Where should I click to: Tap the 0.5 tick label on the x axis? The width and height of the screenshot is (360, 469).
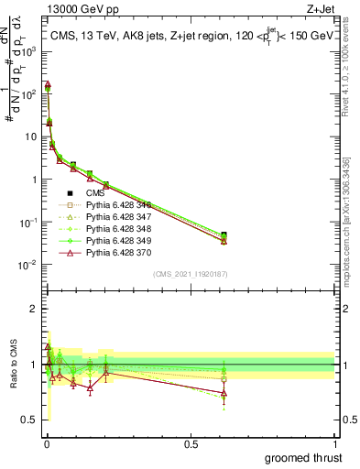[191, 442]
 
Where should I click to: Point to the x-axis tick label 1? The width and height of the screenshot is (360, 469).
[334, 442]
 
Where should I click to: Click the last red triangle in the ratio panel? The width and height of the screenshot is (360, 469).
[224, 394]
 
